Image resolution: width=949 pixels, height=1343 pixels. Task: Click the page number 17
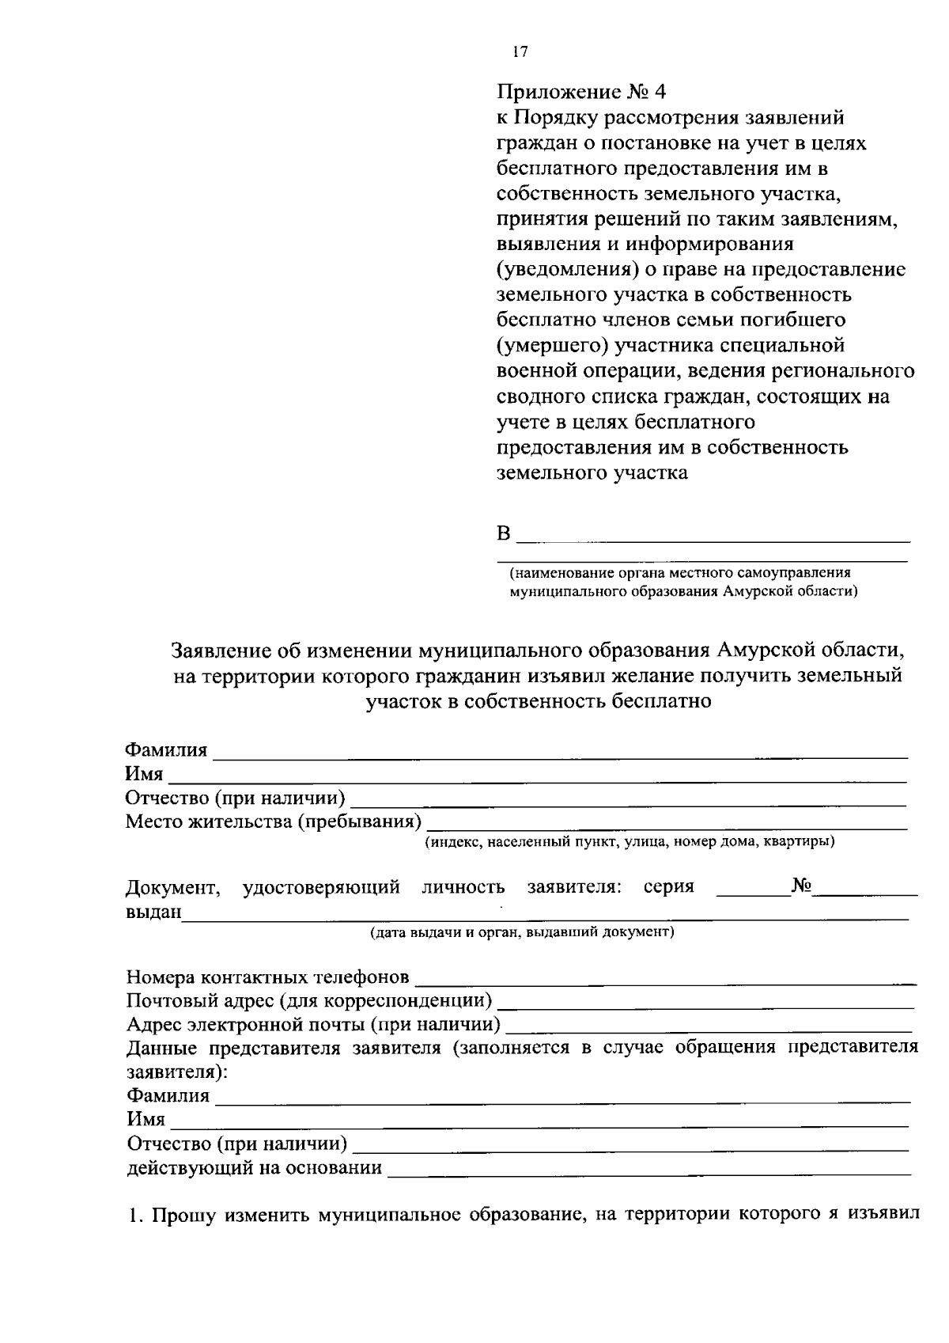tap(520, 52)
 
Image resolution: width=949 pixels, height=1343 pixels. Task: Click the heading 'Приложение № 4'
tap(581, 92)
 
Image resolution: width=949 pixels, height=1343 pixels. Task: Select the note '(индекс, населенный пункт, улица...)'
tap(630, 841)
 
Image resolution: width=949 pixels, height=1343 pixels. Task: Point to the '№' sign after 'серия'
tap(802, 886)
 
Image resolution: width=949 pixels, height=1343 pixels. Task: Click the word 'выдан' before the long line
tap(153, 912)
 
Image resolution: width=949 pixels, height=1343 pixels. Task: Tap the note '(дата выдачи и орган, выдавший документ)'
tap(523, 931)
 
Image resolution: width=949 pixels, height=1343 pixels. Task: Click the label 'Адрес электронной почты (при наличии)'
tap(314, 1025)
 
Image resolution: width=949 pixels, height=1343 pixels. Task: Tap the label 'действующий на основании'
tap(255, 1168)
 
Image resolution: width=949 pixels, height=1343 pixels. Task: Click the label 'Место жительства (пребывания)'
tap(273, 821)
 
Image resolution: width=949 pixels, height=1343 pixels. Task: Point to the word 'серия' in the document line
tap(668, 886)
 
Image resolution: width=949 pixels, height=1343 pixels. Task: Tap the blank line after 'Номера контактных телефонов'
tap(664, 981)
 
